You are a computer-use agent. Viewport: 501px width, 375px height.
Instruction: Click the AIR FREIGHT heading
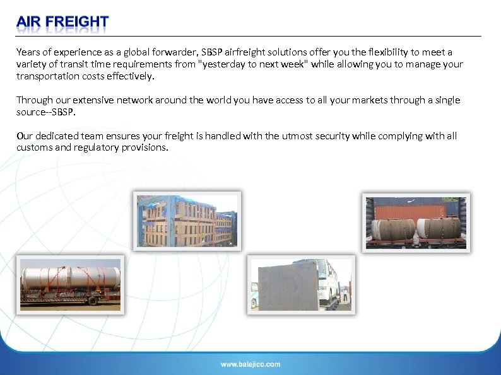coord(62,23)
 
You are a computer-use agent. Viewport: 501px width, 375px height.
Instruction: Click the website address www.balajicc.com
coord(250,364)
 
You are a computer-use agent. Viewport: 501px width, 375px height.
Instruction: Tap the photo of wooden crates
coord(188,221)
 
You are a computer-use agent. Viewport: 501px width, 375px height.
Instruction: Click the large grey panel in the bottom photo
coord(285,286)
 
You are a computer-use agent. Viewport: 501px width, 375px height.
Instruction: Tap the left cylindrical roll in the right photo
coord(392,228)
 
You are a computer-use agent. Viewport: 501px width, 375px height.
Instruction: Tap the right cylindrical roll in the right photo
coord(439,228)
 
